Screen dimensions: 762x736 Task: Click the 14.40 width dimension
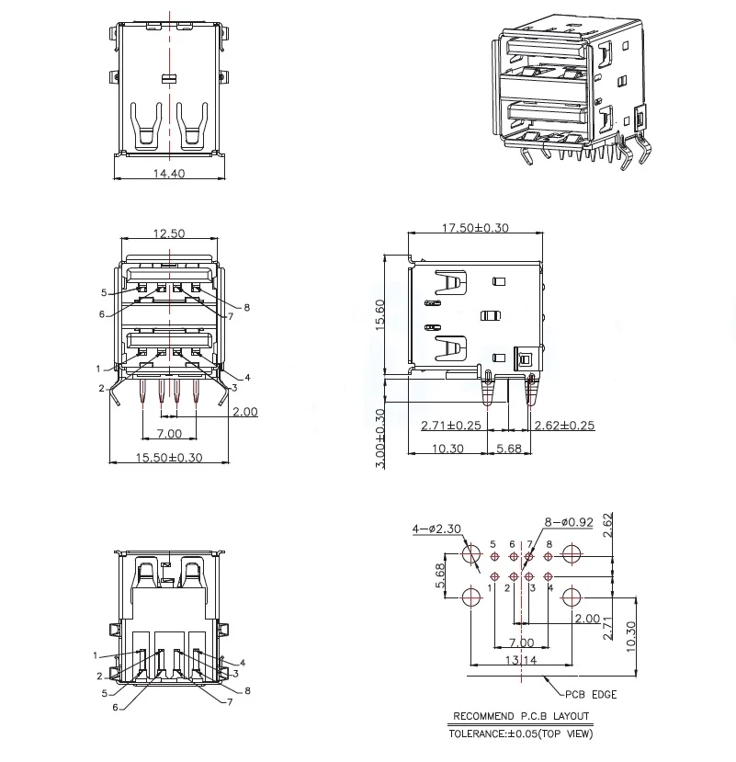169,172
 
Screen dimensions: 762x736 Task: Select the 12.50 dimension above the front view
168,233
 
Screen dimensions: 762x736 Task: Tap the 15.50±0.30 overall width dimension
169,457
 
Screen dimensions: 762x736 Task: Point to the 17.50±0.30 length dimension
475,227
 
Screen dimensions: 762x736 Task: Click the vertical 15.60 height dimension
380,318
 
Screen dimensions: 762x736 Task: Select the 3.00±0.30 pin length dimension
380,439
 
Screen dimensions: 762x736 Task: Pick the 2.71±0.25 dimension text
450,426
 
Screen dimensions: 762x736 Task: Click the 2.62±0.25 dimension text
564,426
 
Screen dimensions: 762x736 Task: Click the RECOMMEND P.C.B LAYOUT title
521,716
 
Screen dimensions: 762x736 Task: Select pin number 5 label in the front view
104,293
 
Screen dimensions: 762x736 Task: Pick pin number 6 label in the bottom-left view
115,707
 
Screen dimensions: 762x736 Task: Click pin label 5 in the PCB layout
493,544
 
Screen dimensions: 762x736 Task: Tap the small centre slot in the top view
167,77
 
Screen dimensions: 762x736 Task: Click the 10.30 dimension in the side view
447,449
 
